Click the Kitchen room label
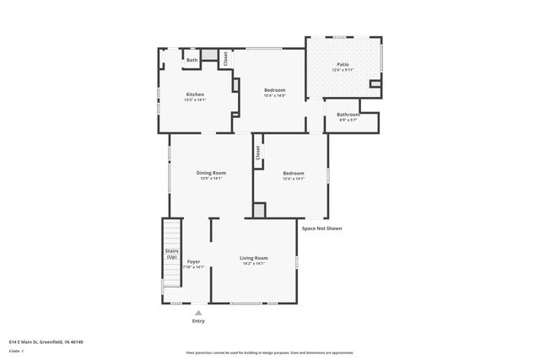[195, 94]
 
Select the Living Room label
[253, 258]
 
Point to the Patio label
[343, 64]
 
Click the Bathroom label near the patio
[348, 115]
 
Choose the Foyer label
[193, 261]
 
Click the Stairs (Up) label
[171, 254]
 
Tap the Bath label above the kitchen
[192, 60]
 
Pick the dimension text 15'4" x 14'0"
[274, 95]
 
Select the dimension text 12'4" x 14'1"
[293, 179]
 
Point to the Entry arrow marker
[198, 311]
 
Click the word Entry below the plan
[198, 320]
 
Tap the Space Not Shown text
[321, 228]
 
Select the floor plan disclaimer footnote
[270, 352]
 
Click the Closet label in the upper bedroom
[225, 58]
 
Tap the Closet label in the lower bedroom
[257, 153]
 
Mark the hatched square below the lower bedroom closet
[260, 209]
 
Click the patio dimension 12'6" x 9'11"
[343, 70]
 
